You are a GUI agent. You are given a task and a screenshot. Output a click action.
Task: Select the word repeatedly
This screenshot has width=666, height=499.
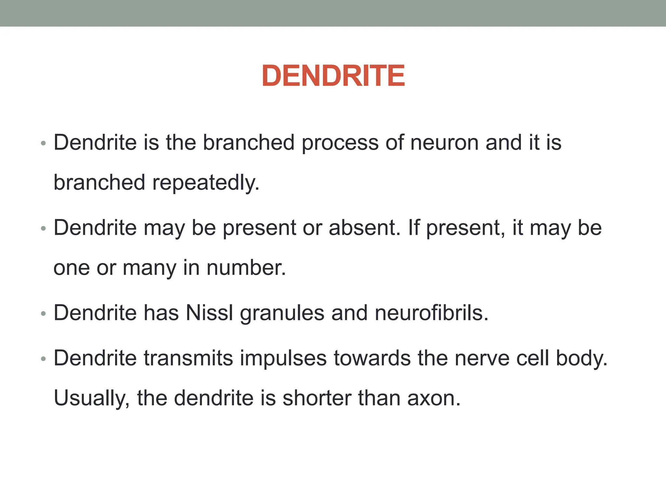(206, 183)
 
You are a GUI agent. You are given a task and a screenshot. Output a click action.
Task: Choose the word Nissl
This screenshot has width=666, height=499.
(209, 313)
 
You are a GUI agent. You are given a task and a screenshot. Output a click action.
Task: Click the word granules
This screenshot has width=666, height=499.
(282, 313)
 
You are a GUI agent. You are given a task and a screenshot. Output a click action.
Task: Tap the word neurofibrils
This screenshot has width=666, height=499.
(431, 313)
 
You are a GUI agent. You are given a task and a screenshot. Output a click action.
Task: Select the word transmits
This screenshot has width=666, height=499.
(189, 358)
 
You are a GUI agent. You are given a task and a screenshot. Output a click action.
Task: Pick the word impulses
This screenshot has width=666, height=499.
(284, 359)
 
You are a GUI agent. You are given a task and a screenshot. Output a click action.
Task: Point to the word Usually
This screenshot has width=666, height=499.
(91, 398)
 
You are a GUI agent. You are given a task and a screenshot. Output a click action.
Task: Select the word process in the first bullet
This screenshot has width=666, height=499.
(340, 143)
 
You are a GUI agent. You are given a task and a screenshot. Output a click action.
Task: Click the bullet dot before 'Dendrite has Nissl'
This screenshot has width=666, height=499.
(44, 314)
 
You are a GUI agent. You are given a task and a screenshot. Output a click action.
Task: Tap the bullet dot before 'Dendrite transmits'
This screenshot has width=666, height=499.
(44, 359)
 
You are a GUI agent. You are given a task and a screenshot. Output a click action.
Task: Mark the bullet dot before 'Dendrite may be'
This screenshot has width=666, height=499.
(44, 229)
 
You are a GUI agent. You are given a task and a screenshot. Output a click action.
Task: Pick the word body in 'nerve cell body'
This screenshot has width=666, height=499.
(581, 359)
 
